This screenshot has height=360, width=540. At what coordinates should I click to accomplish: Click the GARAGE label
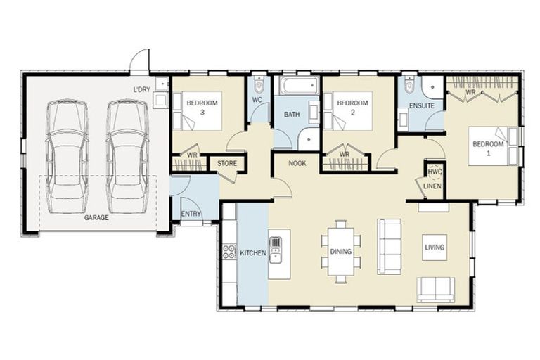tap(96, 218)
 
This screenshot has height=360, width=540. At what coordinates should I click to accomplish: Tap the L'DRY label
tap(142, 90)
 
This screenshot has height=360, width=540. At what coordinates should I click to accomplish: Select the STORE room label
tap(227, 163)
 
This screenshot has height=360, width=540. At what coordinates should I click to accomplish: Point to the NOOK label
tap(297, 163)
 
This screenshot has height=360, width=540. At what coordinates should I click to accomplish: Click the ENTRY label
tap(191, 214)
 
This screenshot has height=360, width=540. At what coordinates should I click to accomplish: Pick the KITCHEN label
tap(253, 253)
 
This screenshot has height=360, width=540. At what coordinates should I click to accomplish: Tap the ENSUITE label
tap(422, 105)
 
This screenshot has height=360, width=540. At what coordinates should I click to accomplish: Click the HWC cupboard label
tap(435, 172)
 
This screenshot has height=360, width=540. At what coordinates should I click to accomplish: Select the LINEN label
tap(432, 186)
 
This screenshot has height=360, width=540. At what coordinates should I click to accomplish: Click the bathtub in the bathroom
tap(298, 86)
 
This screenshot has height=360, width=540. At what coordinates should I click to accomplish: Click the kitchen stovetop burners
tap(229, 251)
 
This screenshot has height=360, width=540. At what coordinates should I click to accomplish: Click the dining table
tap(341, 252)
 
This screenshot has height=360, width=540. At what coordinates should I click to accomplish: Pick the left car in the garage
tap(67, 157)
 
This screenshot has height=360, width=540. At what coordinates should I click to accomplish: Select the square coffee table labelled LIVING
tap(435, 247)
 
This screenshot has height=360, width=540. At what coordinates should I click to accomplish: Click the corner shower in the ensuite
tap(433, 87)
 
